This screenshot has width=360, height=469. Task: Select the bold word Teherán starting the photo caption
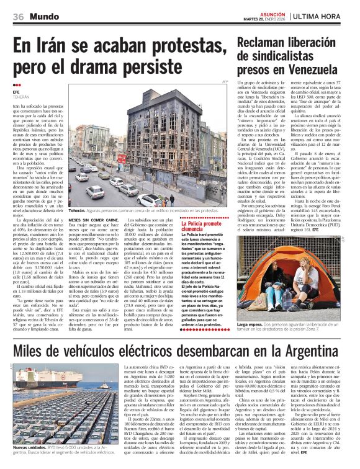[79, 212]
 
